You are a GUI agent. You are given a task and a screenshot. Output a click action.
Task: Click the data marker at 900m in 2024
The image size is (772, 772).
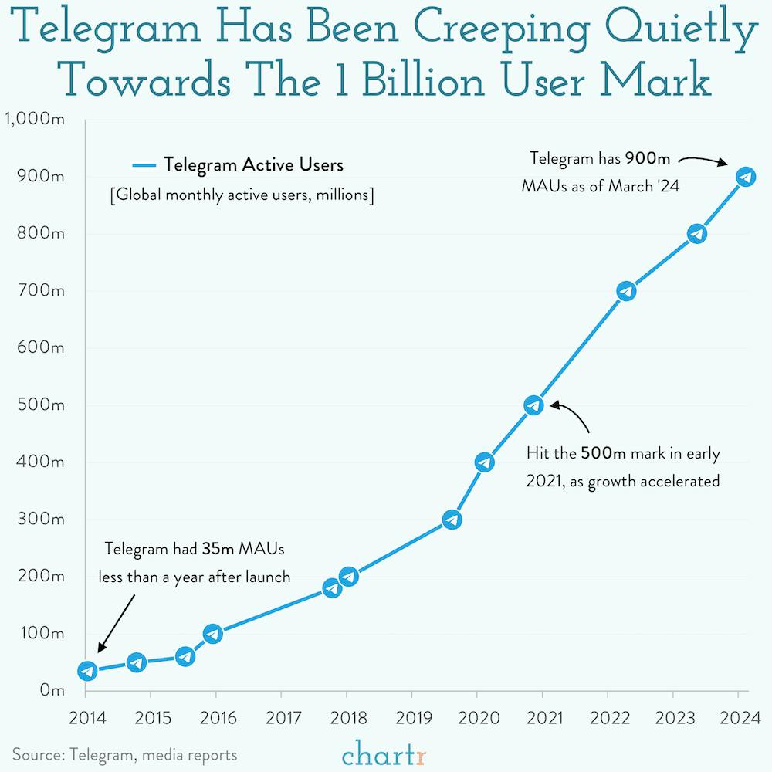[x=745, y=177]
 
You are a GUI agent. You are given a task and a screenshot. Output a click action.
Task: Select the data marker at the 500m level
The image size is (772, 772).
[x=533, y=405]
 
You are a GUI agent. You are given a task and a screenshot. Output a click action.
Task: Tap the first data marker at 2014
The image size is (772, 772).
[x=87, y=671]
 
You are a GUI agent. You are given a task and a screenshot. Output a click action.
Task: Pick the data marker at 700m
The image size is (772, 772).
[x=626, y=291]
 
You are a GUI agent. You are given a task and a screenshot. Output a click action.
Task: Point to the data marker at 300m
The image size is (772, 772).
[x=452, y=519]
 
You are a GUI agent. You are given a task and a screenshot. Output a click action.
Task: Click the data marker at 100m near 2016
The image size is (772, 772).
[x=213, y=633]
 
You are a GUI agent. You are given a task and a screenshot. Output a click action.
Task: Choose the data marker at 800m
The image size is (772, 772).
[x=696, y=233]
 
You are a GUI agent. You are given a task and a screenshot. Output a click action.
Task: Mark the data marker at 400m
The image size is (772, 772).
[x=484, y=462]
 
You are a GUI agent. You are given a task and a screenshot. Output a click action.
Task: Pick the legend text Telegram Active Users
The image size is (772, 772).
[x=253, y=164]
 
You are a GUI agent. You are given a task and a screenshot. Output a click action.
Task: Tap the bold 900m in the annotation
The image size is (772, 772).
[x=648, y=158]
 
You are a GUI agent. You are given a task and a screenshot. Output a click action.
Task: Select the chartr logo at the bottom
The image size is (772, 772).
[x=384, y=752]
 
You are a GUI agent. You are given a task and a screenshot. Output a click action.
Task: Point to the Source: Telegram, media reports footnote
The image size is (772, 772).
[x=124, y=754]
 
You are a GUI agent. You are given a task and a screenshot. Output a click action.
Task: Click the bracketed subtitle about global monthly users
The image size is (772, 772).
[x=242, y=195]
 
